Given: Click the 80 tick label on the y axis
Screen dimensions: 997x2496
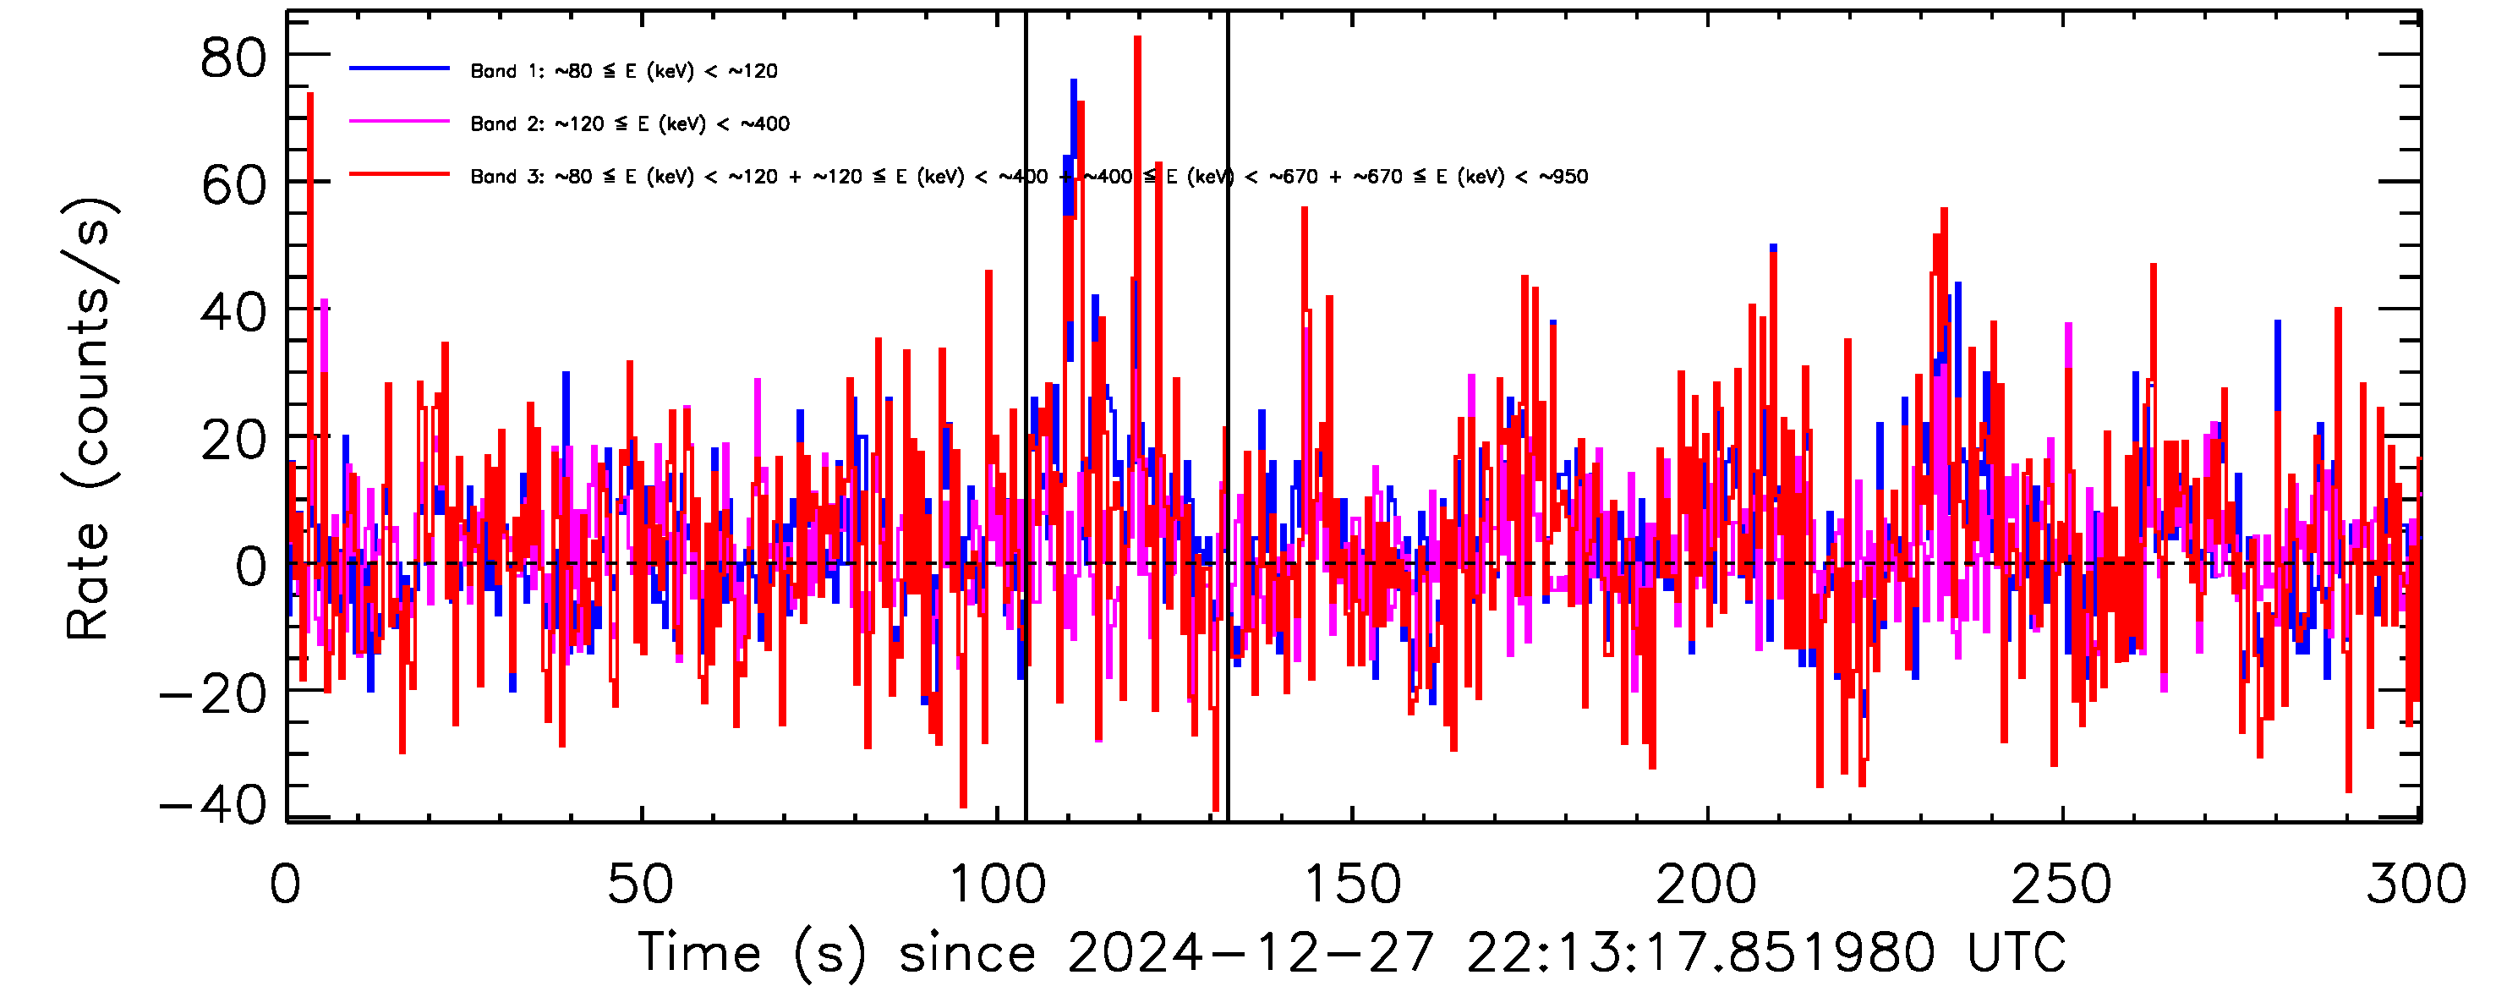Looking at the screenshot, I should pyautogui.click(x=233, y=60).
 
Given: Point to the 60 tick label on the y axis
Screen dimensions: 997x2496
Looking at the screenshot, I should pyautogui.click(x=233, y=185).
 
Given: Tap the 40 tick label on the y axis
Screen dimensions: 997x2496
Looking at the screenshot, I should pyautogui.click(x=233, y=312).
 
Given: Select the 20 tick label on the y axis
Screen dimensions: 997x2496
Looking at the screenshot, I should pyautogui.click(x=233, y=440).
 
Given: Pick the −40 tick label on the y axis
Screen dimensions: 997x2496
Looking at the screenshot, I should pyautogui.click(x=213, y=804).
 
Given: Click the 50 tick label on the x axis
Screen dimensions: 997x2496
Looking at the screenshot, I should pyautogui.click(x=639, y=885).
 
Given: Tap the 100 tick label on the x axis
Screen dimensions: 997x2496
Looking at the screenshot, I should pyautogui.click(x=997, y=885).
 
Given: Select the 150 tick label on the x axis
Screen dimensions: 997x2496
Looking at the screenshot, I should pyautogui.click(x=1353, y=885).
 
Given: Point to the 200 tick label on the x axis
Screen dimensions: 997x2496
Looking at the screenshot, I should pyautogui.click(x=1707, y=885).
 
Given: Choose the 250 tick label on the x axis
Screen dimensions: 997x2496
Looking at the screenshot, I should pyautogui.click(x=2062, y=885).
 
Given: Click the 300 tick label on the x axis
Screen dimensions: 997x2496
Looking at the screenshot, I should pyautogui.click(x=2417, y=885).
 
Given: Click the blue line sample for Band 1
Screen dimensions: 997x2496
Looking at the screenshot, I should pyautogui.click(x=399, y=68).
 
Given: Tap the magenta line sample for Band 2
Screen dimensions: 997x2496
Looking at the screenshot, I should pyautogui.click(x=399, y=122).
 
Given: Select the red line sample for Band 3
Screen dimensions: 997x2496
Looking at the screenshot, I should pyautogui.click(x=399, y=175).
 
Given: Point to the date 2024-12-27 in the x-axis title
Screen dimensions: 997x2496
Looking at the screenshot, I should pyautogui.click(x=1250, y=952).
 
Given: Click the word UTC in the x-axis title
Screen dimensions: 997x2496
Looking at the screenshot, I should pyautogui.click(x=2017, y=952).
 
